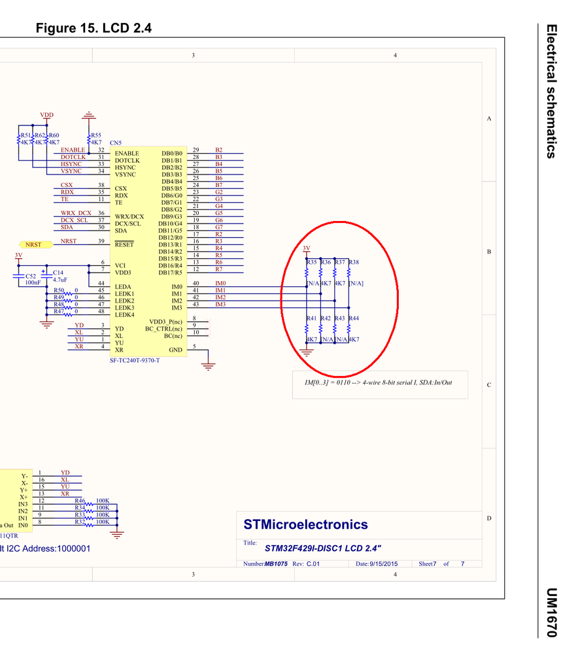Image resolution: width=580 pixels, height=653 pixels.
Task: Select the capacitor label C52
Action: pyautogui.click(x=31, y=276)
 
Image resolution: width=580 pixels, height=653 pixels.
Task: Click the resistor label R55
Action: pyautogui.click(x=96, y=135)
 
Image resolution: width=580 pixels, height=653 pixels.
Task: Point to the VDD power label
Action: pyautogui.click(x=46, y=115)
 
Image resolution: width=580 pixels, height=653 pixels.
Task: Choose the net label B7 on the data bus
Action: pyautogui.click(x=219, y=185)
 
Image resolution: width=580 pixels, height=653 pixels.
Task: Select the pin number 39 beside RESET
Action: pyautogui.click(x=101, y=241)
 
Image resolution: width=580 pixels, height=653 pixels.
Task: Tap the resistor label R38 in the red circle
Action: pyautogui.click(x=354, y=262)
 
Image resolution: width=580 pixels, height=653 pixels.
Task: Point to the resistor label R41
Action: pyautogui.click(x=312, y=318)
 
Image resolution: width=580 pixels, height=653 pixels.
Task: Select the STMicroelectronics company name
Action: pyautogui.click(x=305, y=524)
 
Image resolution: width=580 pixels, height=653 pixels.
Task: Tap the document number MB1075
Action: pyautogui.click(x=276, y=563)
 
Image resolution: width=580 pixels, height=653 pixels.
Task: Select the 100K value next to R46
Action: pyautogui.click(x=102, y=501)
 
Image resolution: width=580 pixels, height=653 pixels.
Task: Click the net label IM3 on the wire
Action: pyautogui.click(x=220, y=304)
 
